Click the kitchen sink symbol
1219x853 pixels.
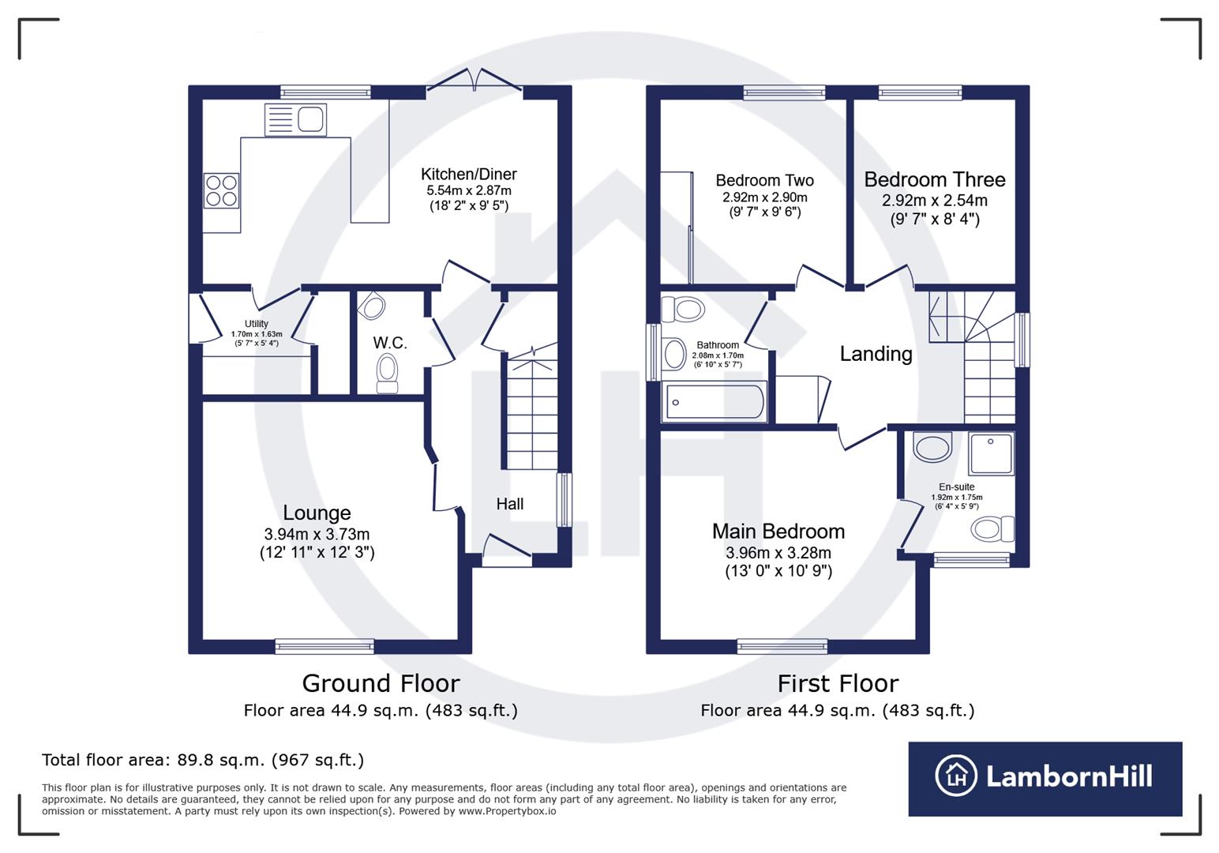(296, 120)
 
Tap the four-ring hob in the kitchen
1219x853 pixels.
(222, 190)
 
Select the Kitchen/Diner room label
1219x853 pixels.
(468, 174)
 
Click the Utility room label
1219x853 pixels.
(256, 324)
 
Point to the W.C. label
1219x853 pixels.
(390, 343)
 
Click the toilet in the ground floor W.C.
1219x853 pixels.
(387, 373)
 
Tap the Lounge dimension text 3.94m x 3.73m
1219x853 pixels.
(317, 534)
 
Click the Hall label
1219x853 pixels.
(509, 504)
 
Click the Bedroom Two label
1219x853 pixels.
(764, 180)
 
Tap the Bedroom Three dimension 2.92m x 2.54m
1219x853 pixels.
(934, 201)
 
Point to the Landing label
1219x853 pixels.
(876, 354)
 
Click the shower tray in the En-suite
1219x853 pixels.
(991, 453)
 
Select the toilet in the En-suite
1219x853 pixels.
(992, 528)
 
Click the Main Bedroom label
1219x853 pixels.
(778, 531)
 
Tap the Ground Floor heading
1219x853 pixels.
(381, 683)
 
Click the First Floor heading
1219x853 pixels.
(838, 683)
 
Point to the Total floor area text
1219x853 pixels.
(203, 760)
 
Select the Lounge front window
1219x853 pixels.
(324, 647)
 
